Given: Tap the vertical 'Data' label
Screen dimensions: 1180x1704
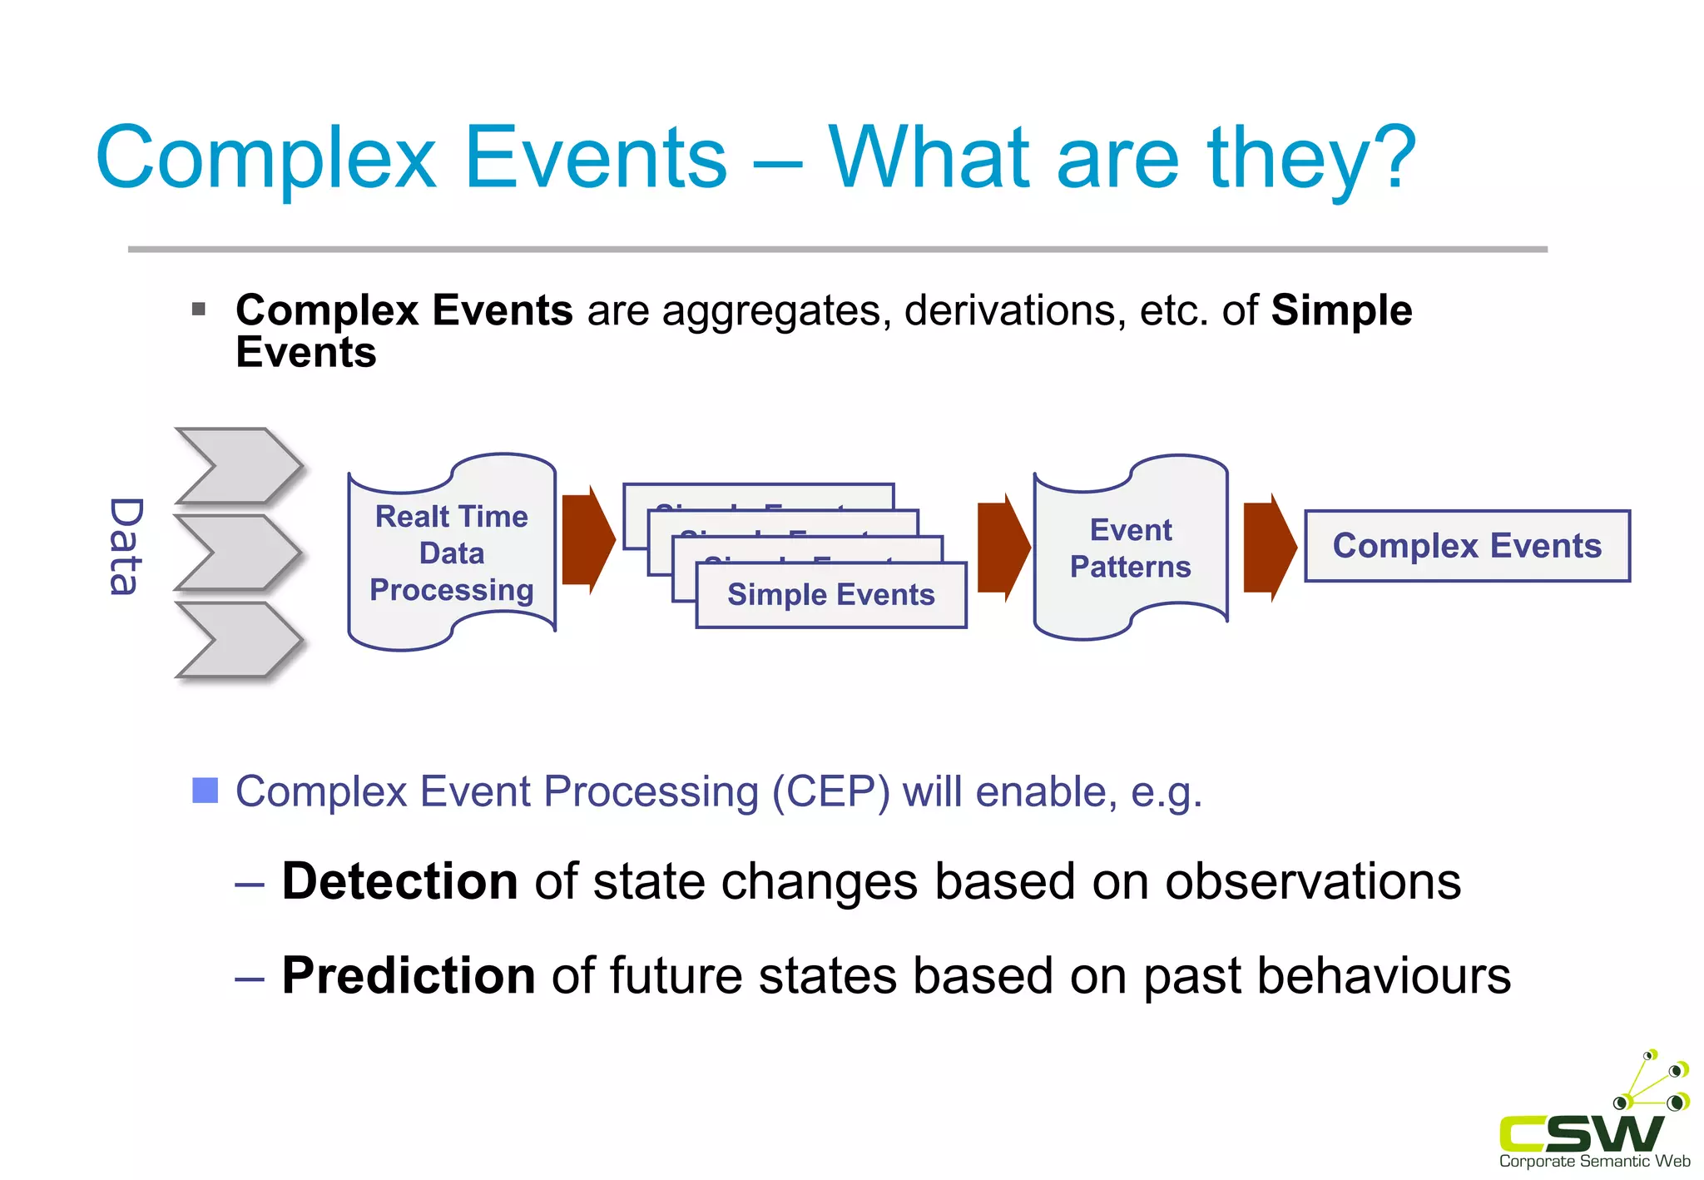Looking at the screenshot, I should [126, 547].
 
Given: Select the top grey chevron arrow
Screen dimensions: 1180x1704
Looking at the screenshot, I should [238, 466].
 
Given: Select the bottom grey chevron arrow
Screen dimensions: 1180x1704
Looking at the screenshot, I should [238, 640].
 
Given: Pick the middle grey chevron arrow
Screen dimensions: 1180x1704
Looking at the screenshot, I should [238, 553].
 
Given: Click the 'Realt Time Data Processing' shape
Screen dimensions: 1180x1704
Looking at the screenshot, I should [452, 553].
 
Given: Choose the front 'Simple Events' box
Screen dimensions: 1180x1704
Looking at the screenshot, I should [830, 595].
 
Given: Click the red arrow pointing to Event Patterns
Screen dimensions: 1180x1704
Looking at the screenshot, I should [1003, 547].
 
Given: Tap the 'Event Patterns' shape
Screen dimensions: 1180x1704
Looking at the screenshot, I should [1130, 548].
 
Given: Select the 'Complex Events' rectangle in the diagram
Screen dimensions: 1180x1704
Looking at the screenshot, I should [1466, 546].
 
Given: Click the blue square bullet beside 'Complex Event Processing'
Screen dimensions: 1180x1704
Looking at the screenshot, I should [205, 791].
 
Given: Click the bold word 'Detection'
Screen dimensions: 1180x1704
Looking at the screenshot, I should [400, 881].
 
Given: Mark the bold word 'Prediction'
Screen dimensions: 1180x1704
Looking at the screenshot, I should [409, 975].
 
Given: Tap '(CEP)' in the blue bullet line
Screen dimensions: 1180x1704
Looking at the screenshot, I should [830, 791].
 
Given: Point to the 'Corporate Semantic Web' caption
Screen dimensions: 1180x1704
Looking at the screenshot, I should [1593, 1162].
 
